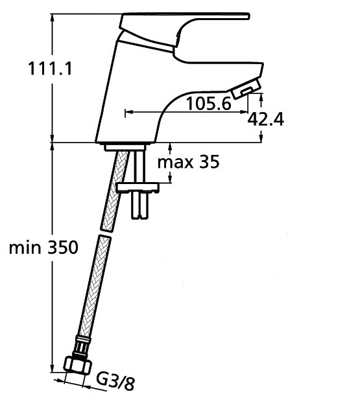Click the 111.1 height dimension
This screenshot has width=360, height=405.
50,69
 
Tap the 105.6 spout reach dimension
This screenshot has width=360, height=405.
208,104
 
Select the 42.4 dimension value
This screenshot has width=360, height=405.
265,119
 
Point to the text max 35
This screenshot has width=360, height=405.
189,162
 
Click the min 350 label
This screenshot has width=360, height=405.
43,247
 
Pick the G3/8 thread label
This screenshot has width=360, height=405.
115,382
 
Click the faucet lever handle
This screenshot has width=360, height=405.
184,31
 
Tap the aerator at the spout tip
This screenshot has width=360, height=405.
246,89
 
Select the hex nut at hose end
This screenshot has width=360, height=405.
78,365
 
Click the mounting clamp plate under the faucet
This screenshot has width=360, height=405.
138,187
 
